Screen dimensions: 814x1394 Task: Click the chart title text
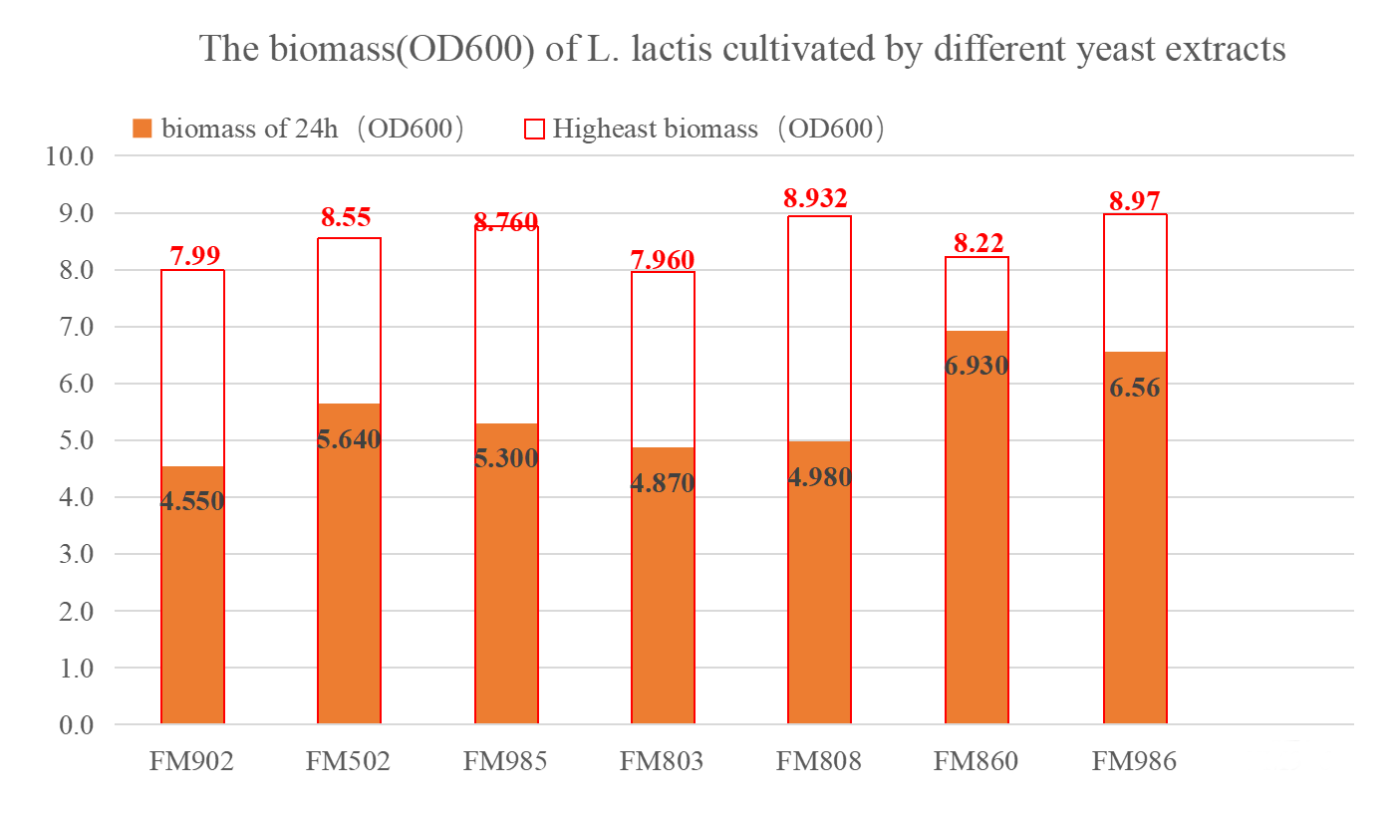(x=742, y=48)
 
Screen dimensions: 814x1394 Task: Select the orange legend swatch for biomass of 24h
(x=141, y=129)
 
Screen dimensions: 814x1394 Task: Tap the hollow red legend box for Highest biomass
(x=534, y=129)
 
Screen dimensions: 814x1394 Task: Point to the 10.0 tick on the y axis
(x=70, y=156)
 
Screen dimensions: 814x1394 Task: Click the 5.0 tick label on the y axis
(x=70, y=440)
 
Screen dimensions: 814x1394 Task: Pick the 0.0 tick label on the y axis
(x=70, y=725)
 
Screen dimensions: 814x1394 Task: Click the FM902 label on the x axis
(x=191, y=762)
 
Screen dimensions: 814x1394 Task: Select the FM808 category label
(x=819, y=762)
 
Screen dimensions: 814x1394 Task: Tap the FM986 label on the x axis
(x=1134, y=762)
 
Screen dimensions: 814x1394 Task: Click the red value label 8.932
(x=819, y=199)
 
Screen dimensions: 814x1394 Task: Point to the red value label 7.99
(x=191, y=255)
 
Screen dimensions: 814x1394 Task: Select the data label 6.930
(x=976, y=366)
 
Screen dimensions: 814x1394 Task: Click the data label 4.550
(x=192, y=501)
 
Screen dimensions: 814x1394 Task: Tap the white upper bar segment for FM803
(x=663, y=359)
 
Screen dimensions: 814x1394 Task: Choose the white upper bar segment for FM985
(x=506, y=329)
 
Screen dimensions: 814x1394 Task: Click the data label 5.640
(x=349, y=438)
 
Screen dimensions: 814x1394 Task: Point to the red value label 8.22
(x=976, y=242)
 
